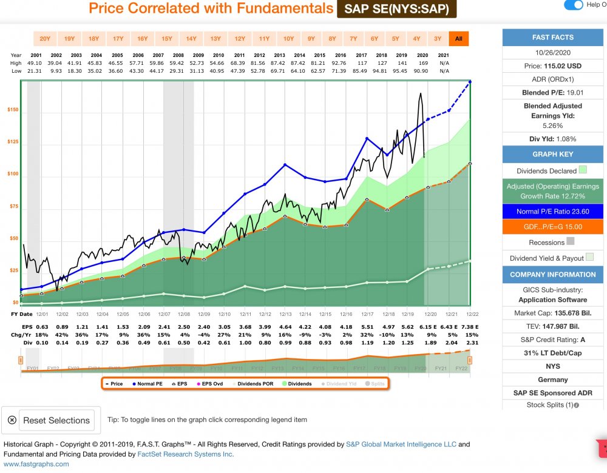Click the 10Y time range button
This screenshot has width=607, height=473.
[288, 39]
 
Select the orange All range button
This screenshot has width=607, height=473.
[459, 39]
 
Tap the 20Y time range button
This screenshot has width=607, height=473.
[45, 39]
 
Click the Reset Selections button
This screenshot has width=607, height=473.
[50, 420]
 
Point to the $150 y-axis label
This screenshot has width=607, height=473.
[13, 110]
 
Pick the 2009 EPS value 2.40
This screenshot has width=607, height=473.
[205, 326]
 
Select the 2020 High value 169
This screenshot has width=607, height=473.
[422, 62]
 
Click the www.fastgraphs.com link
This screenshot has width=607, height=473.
[36, 464]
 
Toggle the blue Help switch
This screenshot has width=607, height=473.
[573, 5]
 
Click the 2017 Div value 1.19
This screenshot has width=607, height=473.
[367, 343]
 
